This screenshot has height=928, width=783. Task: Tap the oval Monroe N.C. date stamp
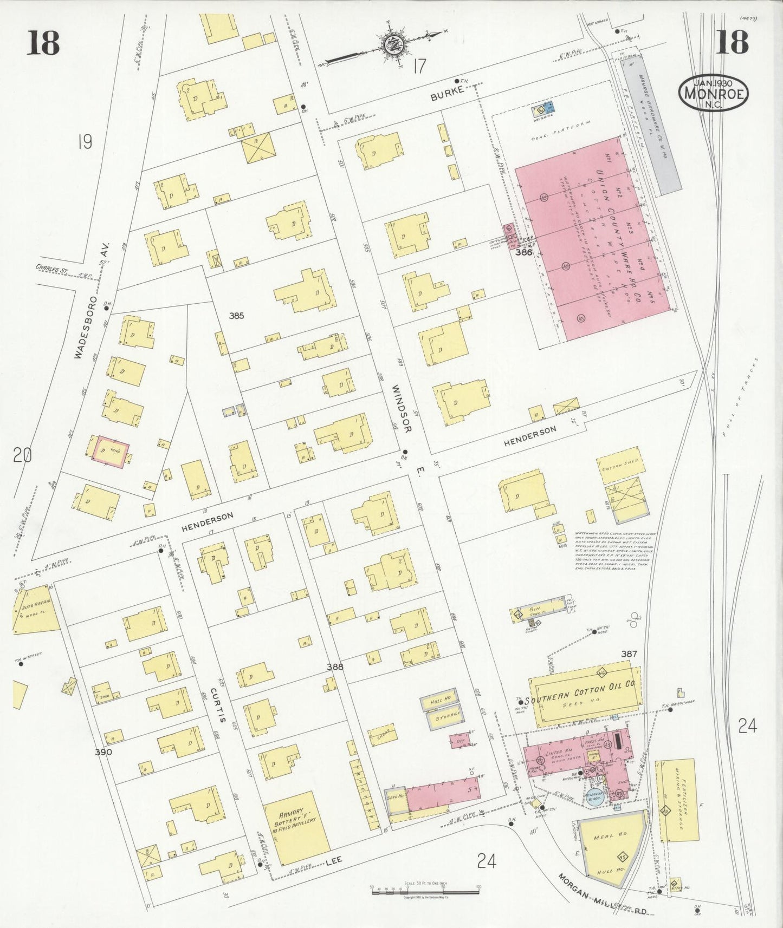click(713, 94)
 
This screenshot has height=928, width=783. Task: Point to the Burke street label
click(447, 94)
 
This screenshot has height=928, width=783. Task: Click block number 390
click(103, 753)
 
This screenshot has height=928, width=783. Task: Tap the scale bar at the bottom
click(425, 891)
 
